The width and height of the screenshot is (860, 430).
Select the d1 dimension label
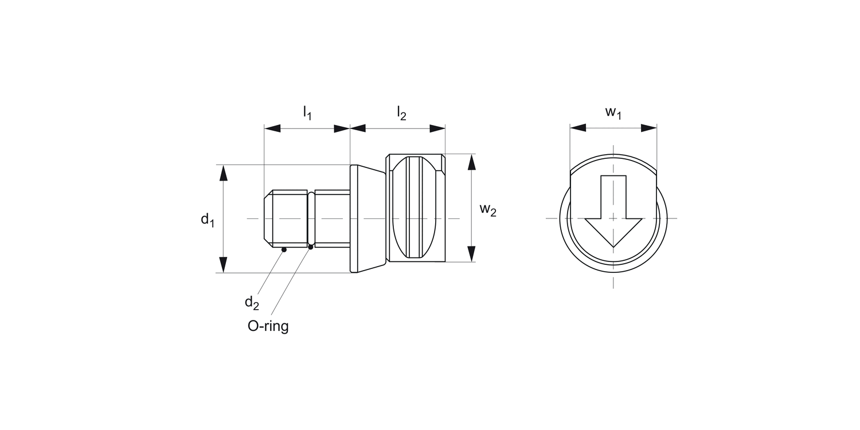[x=207, y=219]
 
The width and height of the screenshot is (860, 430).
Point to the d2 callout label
[x=252, y=302]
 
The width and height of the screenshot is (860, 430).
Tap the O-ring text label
[x=268, y=326]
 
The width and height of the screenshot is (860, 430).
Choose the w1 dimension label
[x=613, y=112]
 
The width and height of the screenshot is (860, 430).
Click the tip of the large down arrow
[x=613, y=246]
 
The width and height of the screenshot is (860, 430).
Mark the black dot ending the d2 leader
[x=284, y=249]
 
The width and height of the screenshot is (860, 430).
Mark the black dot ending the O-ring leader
[x=311, y=247]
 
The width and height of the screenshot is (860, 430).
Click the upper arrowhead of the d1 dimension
[x=224, y=172]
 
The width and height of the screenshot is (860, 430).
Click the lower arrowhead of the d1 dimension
[x=224, y=265]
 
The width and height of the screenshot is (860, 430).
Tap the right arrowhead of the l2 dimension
[x=437, y=128]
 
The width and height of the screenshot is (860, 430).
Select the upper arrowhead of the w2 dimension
[x=472, y=162]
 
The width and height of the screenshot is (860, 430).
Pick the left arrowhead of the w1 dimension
[x=577, y=128]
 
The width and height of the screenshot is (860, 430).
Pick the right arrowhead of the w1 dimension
[x=649, y=128]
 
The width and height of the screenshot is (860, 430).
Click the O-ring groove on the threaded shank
[x=311, y=218]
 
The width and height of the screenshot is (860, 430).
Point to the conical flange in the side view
[x=367, y=218]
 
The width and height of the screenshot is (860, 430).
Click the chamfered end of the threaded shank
[x=268, y=218]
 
